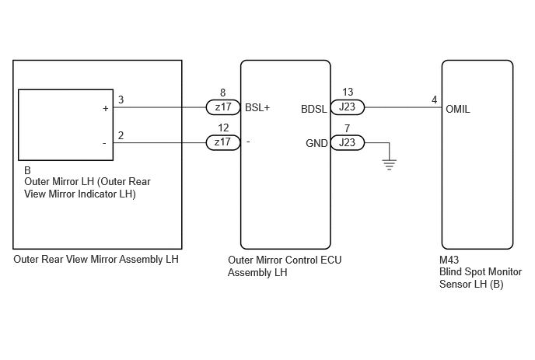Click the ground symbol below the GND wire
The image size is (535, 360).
tap(389, 165)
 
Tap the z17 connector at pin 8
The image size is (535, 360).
tap(223, 107)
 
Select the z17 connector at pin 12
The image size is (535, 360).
tap(223, 142)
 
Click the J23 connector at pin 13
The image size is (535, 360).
tap(348, 107)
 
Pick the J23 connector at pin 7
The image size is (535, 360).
tap(348, 142)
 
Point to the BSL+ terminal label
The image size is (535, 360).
tap(257, 108)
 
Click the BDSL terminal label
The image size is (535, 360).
tap(314, 109)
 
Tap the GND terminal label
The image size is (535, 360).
tap(316, 143)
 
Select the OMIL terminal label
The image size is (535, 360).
tap(458, 109)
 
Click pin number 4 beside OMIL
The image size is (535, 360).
tap(434, 100)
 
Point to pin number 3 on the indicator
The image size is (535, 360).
tap(121, 100)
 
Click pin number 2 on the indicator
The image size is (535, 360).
tap(121, 135)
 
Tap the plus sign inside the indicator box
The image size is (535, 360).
tap(106, 109)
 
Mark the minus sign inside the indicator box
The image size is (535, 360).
tap(104, 143)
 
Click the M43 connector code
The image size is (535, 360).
tap(449, 260)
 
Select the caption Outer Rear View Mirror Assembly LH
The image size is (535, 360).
tap(96, 260)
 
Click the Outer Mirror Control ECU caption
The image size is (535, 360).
tap(285, 266)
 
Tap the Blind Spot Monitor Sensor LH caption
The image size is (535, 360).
tap(481, 278)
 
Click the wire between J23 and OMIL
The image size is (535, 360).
tap(404, 107)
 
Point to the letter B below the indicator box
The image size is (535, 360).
tap(27, 170)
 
